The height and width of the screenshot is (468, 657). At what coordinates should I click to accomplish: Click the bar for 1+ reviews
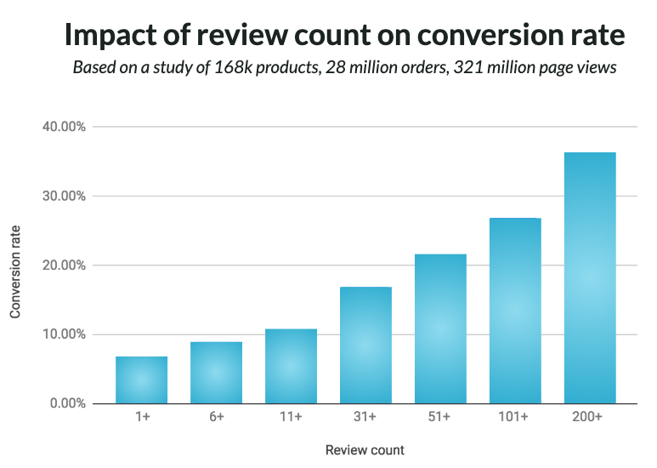coord(142,380)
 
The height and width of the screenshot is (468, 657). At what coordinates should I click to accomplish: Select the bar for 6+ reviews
coord(217,372)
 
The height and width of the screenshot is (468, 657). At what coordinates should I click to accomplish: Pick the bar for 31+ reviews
coord(365,345)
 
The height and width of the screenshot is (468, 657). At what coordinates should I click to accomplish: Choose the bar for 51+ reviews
coord(440,328)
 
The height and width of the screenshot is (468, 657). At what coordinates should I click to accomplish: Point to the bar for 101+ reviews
coord(515,311)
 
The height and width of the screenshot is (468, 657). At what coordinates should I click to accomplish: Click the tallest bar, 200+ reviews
coord(590,277)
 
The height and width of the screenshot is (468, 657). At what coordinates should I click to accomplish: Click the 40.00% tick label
coord(64,127)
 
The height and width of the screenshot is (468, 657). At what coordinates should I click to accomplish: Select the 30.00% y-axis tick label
coord(64,196)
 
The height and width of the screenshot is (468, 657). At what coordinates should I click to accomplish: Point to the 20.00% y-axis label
coord(64,265)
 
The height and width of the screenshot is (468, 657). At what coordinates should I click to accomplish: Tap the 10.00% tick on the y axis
coord(64,334)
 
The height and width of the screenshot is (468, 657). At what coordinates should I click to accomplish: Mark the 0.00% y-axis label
coord(67,403)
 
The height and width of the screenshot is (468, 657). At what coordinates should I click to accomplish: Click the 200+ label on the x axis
coord(590,418)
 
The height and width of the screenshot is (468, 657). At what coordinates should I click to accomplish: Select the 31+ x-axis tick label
coord(365,418)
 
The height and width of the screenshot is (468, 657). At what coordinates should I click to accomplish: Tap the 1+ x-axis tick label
coord(142,418)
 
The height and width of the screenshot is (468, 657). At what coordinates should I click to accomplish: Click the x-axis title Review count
coord(365,449)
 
